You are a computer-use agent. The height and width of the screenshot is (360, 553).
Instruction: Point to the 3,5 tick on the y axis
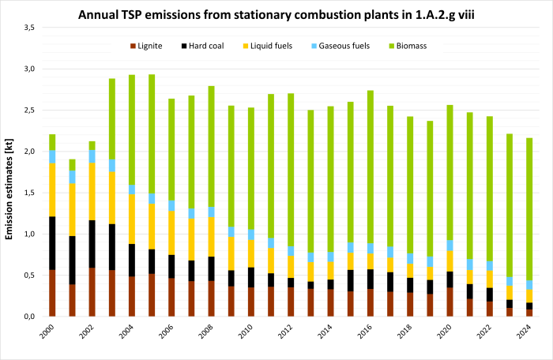pyautogui.click(x=29, y=28)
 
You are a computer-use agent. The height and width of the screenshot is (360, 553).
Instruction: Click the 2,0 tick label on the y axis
pyautogui.click(x=29, y=152)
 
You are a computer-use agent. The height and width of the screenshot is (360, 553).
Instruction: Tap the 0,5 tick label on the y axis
pyautogui.click(x=29, y=275)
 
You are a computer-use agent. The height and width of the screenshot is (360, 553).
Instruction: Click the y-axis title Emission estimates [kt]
pyautogui.click(x=9, y=172)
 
